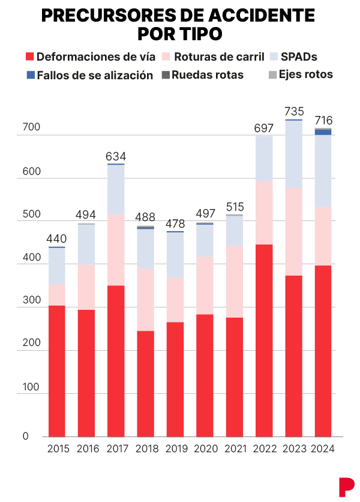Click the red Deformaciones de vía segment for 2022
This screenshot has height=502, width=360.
pyautogui.click(x=264, y=340)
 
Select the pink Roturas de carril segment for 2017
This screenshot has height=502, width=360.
pyautogui.click(x=116, y=250)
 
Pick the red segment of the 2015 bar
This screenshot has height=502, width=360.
pyautogui.click(x=57, y=370)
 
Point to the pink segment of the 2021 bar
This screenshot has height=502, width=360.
pyautogui.click(x=235, y=282)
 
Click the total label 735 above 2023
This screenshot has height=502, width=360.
pyautogui.click(x=294, y=112)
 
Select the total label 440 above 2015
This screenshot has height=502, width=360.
pyautogui.click(x=57, y=238)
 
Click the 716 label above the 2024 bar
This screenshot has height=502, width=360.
pyautogui.click(x=323, y=121)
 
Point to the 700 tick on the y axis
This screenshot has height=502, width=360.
pyautogui.click(x=31, y=128)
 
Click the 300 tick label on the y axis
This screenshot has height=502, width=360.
pyautogui.click(x=31, y=301)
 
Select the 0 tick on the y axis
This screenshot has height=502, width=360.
pyautogui.click(x=26, y=437)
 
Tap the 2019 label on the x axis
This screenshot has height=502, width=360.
pyautogui.click(x=176, y=449)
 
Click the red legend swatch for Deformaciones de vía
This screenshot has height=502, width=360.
pyautogui.click(x=29, y=57)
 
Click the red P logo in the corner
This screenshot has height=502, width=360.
pyautogui.click(x=346, y=486)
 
